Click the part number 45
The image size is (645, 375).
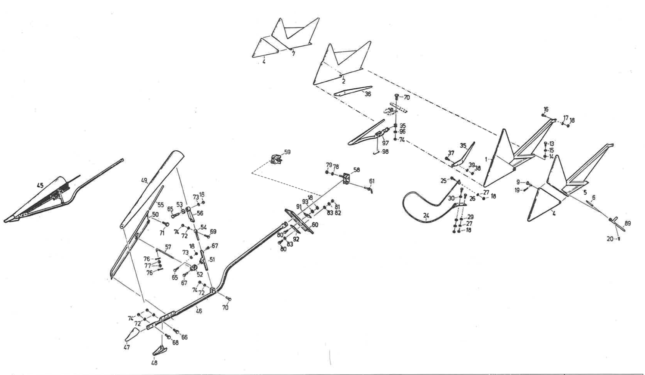40,185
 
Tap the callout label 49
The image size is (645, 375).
144,181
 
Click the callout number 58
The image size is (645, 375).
357,170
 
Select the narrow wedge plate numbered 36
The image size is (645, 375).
352,91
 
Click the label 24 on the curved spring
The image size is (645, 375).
426,216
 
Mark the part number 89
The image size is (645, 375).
628,224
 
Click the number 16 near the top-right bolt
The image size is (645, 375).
546,109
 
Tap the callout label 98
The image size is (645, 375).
385,152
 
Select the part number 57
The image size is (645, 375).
168,247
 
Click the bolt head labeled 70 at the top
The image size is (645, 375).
397,97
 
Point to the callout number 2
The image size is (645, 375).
343,81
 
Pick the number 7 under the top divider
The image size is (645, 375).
294,53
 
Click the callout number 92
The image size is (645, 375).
296,238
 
